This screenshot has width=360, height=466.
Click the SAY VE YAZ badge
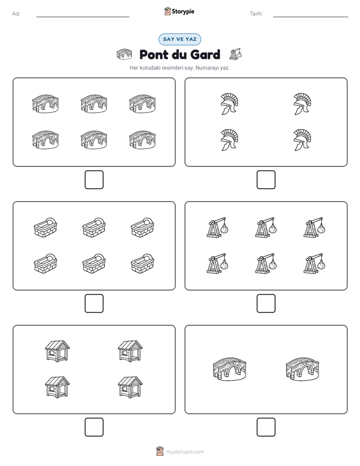[179, 39]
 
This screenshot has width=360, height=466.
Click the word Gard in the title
[205, 54]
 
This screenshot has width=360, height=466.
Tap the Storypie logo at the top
[179, 11]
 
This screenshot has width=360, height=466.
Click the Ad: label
[16, 14]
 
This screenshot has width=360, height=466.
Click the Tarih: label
[256, 14]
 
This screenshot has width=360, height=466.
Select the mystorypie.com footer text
[185, 452]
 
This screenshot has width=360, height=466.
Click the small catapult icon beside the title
[235, 54]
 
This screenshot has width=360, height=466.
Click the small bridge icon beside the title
[124, 54]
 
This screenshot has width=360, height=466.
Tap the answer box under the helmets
[266, 180]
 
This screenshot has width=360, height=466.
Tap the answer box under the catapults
[266, 304]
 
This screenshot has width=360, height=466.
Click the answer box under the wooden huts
[94, 427]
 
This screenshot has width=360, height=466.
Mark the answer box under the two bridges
[266, 427]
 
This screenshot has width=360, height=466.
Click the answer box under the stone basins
[94, 304]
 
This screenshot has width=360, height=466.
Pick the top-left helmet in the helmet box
[229, 104]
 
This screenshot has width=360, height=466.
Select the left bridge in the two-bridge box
[229, 369]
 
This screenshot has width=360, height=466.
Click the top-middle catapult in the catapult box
[266, 227]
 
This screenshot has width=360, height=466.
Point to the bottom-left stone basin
[45, 263]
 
